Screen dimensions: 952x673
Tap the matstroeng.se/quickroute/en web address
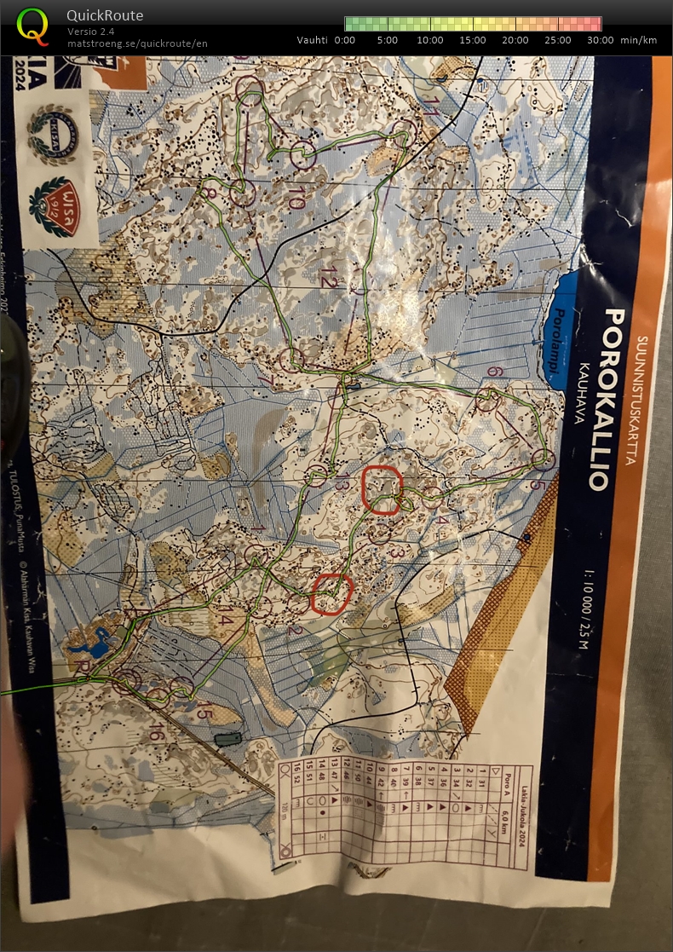coord(137,43)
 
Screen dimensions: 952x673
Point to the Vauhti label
coord(313,40)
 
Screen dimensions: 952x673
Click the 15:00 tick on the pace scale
coord(473,40)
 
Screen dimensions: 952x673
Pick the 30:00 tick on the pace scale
coord(601,40)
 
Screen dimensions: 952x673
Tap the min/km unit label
coord(639,40)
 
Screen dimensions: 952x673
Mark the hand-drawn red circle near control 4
coord(381,489)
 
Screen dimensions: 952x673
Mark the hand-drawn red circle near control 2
coord(331,594)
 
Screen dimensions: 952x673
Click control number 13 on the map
coord(342,485)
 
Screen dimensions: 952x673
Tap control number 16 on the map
coord(155,731)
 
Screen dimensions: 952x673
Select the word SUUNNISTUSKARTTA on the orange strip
coord(641,401)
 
